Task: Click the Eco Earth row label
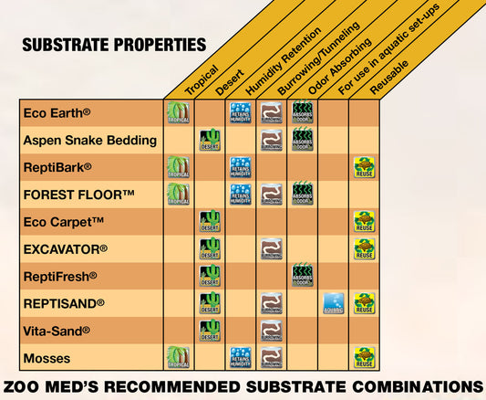pos(56,113)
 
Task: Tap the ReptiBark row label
pos(57,167)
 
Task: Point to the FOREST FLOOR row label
pos(78,195)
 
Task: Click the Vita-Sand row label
pos(56,331)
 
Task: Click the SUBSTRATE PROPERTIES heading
pos(113,45)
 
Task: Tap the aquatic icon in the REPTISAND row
pos(334,303)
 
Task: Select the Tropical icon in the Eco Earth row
pos(178,113)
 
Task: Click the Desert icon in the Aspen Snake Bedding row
pos(210,141)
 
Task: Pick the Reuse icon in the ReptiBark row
pos(365,167)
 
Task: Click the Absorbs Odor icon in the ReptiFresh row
pos(303,276)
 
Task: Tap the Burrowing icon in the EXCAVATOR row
pos(271,248)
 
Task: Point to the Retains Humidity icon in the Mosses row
pos(241,357)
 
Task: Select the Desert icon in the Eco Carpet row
pos(210,222)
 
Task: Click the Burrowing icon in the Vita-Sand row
pos(271,331)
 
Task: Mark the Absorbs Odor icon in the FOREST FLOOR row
pos(303,195)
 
